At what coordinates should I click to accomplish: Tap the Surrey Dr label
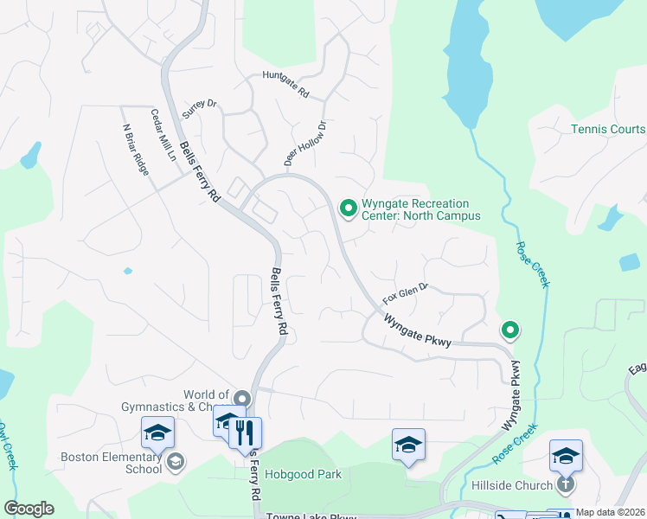tap(199, 109)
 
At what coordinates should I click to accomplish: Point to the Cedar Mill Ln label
tap(163, 136)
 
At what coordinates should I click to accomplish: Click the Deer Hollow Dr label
tap(305, 144)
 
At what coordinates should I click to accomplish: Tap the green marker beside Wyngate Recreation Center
tap(349, 208)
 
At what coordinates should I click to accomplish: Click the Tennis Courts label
tap(608, 130)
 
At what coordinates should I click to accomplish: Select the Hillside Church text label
tap(511, 485)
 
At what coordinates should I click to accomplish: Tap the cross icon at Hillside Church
tap(566, 484)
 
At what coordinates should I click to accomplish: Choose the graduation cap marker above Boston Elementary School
tap(158, 432)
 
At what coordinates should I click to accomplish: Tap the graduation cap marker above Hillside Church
tap(567, 455)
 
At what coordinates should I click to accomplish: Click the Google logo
tap(29, 509)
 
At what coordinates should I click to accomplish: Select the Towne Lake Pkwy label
tap(311, 516)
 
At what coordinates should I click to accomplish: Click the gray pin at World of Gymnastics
tap(241, 399)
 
